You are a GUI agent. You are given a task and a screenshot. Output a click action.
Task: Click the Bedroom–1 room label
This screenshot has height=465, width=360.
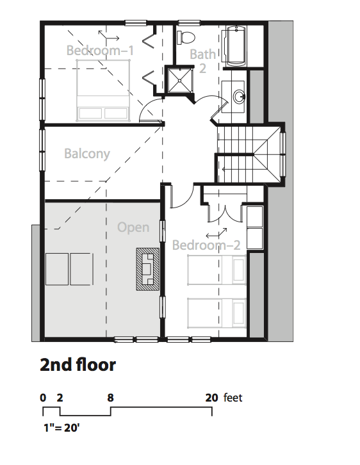click(100, 51)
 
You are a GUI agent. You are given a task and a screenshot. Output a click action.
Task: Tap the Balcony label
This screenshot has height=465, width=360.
click(87, 154)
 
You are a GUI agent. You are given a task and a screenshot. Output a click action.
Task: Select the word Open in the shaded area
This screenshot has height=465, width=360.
click(133, 228)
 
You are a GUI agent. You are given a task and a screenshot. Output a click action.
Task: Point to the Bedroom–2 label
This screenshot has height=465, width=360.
click(206, 245)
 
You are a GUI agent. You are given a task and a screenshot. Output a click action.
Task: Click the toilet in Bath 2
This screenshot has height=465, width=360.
click(186, 37)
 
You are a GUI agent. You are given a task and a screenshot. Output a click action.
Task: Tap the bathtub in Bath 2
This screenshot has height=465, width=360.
click(236, 46)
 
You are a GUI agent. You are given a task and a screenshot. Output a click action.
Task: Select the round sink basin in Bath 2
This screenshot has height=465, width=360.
click(240, 97)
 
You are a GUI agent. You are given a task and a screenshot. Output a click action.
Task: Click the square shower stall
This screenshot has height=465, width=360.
click(179, 80)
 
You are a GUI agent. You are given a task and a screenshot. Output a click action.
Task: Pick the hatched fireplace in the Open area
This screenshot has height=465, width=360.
click(147, 269)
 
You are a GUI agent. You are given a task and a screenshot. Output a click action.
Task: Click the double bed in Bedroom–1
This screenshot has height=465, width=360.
click(103, 90)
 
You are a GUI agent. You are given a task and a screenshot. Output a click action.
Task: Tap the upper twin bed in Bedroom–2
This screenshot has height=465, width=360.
click(217, 270)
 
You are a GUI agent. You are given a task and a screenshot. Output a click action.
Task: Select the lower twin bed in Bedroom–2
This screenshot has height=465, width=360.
click(217, 313)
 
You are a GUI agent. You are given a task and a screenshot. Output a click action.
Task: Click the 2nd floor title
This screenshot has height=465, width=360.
click(78, 365)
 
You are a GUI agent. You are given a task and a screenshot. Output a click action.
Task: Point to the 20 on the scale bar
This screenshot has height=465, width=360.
click(211, 398)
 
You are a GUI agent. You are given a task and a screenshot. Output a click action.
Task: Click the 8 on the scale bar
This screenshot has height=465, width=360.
click(110, 398)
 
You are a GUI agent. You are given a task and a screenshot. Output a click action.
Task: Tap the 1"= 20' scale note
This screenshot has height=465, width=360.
click(61, 428)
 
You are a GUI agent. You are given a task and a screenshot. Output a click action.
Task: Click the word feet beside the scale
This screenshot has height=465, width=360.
click(233, 398)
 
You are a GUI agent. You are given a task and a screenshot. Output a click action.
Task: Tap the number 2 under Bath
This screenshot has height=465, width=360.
click(202, 69)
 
